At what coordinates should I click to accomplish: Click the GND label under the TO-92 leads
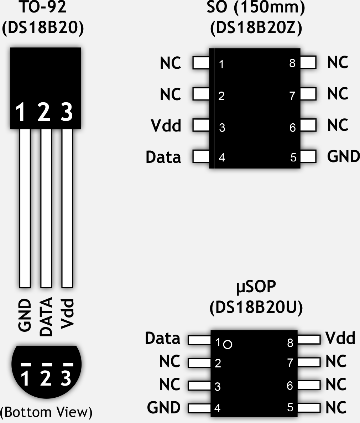click(25, 316)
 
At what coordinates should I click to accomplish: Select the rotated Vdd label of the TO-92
click(67, 313)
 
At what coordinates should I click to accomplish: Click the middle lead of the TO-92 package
click(46, 208)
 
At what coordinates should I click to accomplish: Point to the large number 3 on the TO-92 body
click(67, 112)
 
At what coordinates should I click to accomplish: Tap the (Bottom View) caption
click(46, 412)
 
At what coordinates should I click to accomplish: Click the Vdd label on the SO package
click(166, 126)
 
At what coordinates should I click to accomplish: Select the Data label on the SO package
click(163, 157)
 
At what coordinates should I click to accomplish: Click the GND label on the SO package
click(343, 156)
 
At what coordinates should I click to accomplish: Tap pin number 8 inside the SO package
click(292, 63)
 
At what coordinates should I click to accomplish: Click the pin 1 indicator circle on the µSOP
click(228, 345)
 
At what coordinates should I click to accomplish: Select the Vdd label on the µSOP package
click(340, 338)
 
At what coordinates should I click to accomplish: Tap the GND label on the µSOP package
click(164, 408)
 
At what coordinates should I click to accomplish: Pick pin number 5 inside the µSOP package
click(290, 407)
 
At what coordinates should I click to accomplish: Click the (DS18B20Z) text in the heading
click(256, 29)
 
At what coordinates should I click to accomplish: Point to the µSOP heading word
click(256, 287)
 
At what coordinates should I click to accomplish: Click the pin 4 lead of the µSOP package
click(199, 408)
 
